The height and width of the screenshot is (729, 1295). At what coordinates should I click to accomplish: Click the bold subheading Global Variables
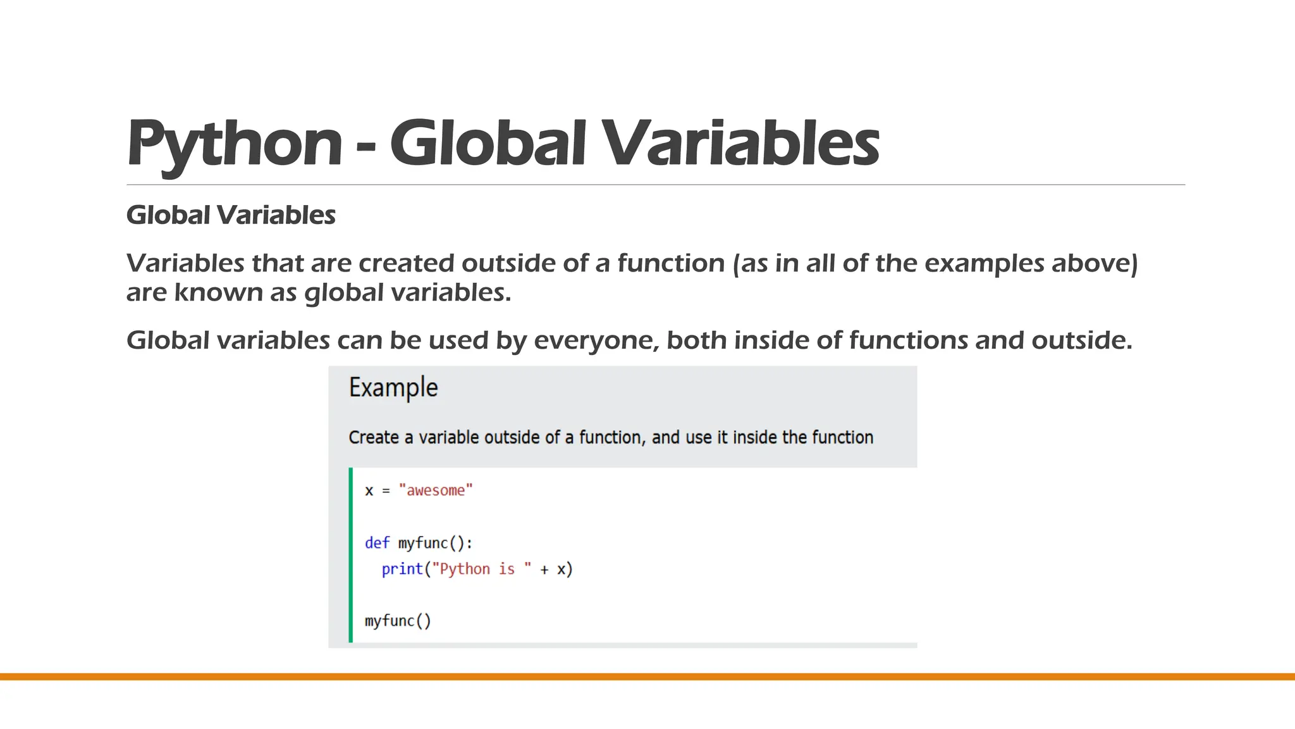coord(231,215)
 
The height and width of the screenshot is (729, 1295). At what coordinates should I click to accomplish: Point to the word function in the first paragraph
coord(671,263)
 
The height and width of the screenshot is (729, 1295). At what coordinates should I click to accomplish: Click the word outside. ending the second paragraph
coord(1082,340)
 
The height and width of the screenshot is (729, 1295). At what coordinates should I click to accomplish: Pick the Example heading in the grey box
coord(393,387)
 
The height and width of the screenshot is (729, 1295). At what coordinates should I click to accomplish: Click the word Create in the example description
coord(374,437)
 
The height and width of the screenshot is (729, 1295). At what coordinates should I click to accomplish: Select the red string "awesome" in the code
coord(436,490)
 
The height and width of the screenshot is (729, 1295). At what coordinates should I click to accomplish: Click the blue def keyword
coord(377,543)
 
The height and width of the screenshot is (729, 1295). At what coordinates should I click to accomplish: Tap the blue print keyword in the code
coord(402,569)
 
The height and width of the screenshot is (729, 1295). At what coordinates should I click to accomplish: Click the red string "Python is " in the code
coord(481,569)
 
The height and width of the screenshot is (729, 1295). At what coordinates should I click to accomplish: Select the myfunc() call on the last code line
coord(398,621)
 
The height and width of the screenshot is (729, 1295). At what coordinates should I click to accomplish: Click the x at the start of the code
coord(369,491)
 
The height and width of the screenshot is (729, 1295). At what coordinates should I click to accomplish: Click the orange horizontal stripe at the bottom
coord(647,676)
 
